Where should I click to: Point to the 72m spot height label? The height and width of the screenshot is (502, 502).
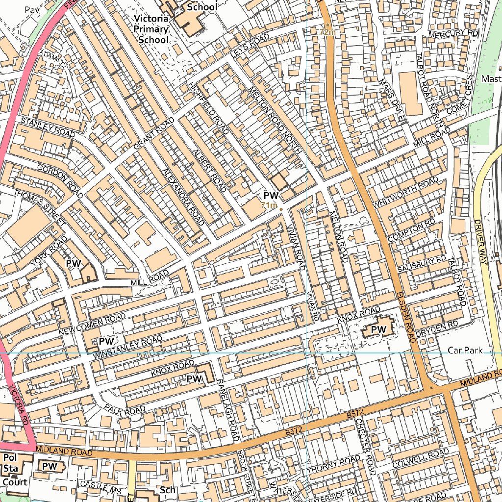click(327, 32)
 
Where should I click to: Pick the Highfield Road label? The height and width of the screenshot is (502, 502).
click(208, 107)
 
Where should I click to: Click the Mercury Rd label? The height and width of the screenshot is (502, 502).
click(452, 33)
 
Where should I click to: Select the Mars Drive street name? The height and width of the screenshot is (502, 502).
click(392, 99)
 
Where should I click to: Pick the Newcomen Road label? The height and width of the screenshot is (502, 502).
click(92, 325)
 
